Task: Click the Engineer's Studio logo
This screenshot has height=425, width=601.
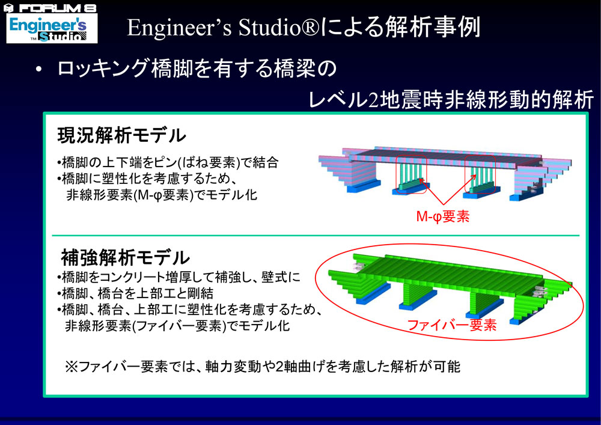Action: [52, 28]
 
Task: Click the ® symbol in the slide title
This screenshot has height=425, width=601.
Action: [311, 28]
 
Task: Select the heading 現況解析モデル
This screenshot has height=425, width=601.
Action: [121, 135]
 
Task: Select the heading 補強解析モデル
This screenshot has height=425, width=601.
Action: [126, 257]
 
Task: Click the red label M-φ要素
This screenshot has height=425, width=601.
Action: [443, 217]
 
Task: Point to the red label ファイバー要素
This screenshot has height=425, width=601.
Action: [451, 325]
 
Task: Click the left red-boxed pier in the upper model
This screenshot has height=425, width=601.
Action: [411, 174]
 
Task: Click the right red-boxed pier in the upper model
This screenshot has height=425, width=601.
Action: [480, 174]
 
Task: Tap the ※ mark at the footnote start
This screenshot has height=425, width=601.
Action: [71, 367]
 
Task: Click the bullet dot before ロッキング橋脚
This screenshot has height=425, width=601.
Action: [38, 70]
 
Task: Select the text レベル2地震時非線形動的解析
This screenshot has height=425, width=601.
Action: [451, 100]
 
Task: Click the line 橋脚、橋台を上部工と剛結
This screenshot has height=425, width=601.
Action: [135, 293]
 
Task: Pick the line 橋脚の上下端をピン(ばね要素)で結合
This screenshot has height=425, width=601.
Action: [168, 162]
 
